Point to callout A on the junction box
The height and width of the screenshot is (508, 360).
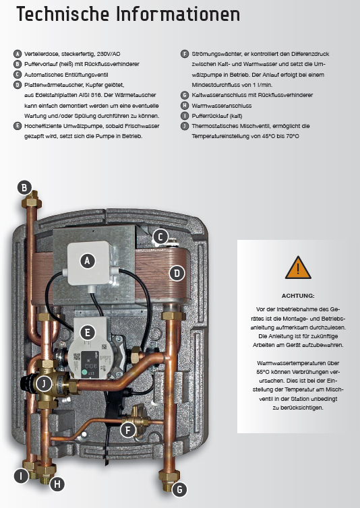tap(86, 259)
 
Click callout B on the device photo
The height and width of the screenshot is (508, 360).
tap(24, 187)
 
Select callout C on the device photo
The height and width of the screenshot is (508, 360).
tap(160, 236)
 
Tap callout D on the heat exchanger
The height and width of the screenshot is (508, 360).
tap(177, 273)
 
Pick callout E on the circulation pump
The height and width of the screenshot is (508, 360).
tap(86, 331)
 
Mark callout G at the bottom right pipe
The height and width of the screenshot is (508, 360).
tap(179, 490)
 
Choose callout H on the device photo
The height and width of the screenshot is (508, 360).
tap(58, 483)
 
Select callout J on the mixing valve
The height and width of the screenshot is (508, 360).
tap(43, 383)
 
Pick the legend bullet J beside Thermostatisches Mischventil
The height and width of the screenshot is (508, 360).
tap(185, 126)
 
